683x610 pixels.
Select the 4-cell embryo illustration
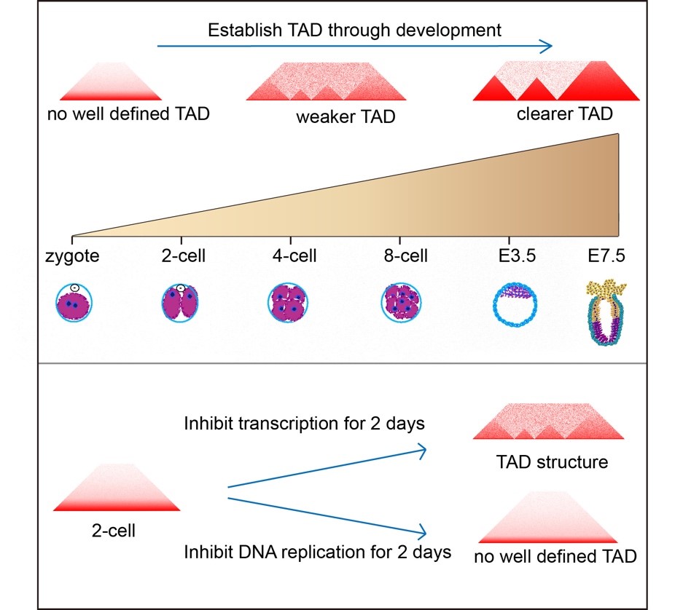click(289, 302)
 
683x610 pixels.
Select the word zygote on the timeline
click(71, 256)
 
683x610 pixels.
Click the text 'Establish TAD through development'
click(354, 31)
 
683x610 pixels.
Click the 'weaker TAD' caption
click(346, 116)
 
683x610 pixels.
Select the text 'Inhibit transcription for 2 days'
click(304, 424)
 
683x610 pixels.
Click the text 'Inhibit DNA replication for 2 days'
click(317, 551)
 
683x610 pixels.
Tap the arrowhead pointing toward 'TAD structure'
click(421, 451)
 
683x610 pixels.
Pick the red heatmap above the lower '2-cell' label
click(117, 488)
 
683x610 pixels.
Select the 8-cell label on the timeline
click(405, 256)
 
